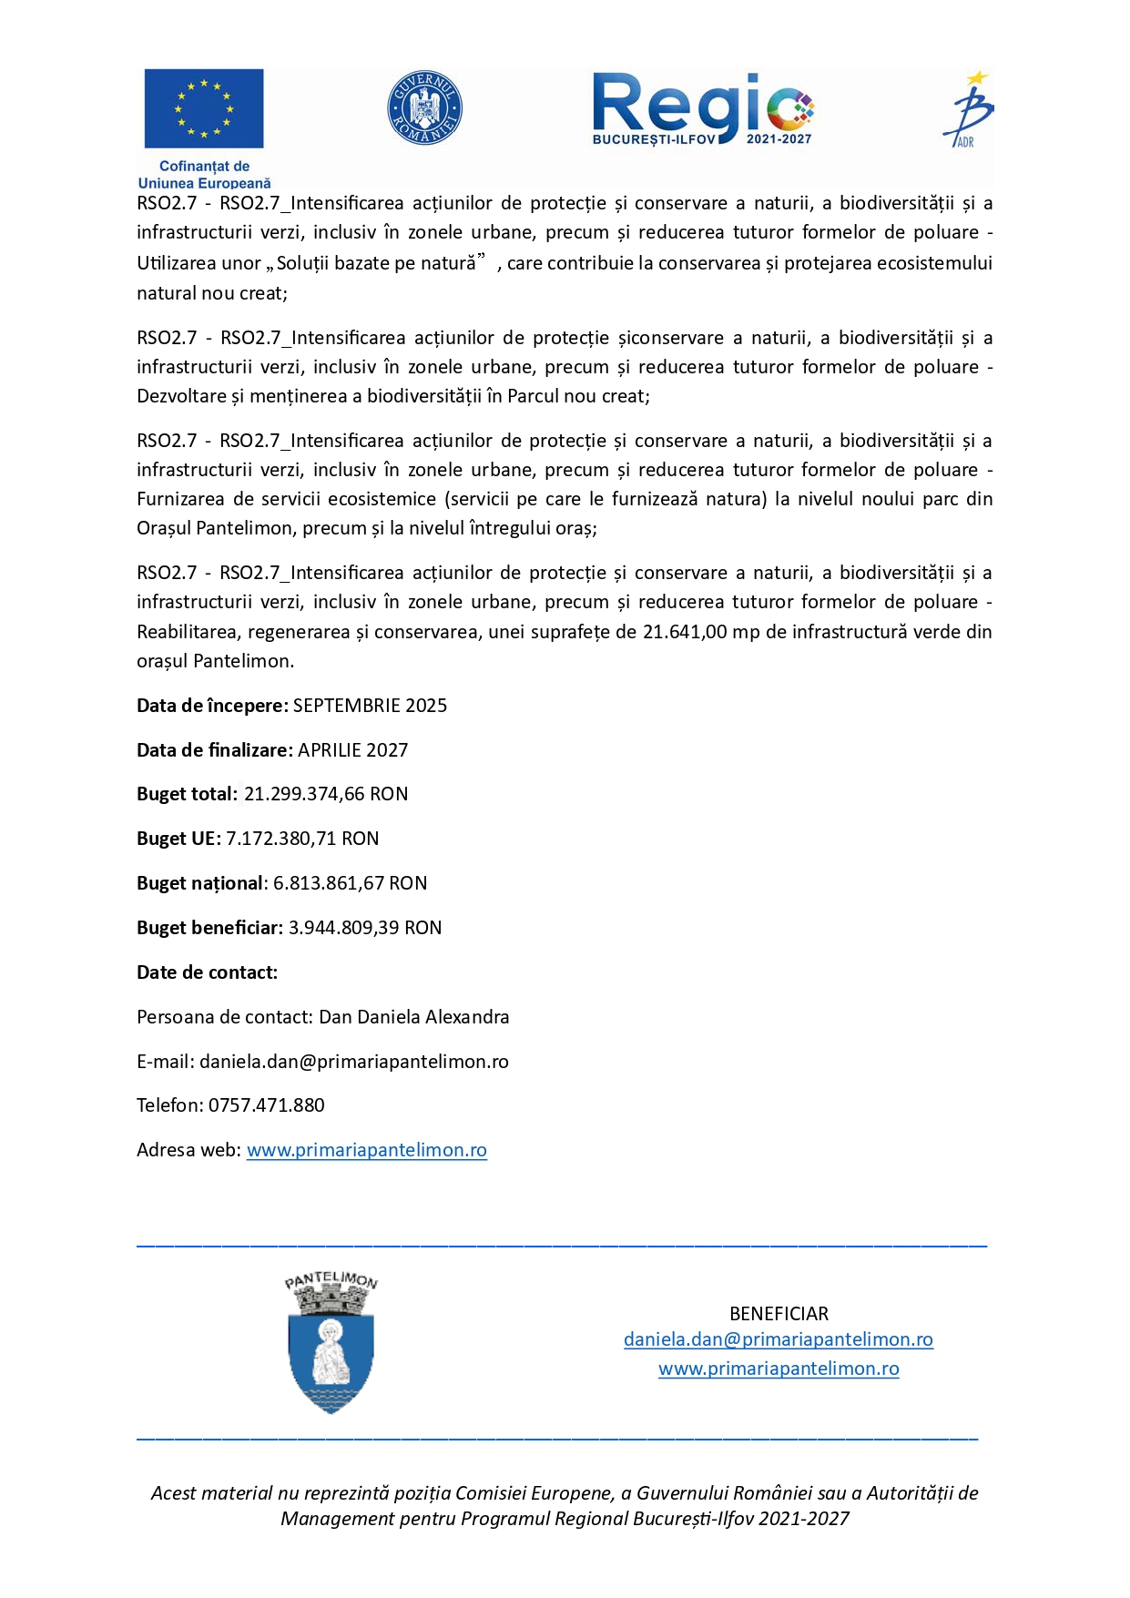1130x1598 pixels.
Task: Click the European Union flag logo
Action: pyautogui.click(x=204, y=108)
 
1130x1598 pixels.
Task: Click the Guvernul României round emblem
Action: pyautogui.click(x=424, y=108)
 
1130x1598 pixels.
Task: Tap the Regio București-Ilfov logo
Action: pyautogui.click(x=702, y=109)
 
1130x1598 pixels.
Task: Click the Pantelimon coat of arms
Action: pyautogui.click(x=331, y=1344)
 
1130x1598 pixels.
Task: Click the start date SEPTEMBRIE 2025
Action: pyautogui.click(x=370, y=706)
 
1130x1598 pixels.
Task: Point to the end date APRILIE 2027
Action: pyautogui.click(x=352, y=750)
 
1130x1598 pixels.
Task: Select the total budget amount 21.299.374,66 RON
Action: pyautogui.click(x=326, y=794)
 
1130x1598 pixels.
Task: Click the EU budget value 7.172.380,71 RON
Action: pyautogui.click(x=302, y=839)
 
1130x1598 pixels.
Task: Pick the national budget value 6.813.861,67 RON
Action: pyautogui.click(x=350, y=883)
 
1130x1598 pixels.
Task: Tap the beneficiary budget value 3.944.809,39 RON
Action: pyautogui.click(x=364, y=928)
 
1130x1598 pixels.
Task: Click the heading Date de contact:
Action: pyautogui.click(x=207, y=972)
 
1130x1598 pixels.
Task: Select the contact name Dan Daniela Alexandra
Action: pyautogui.click(x=413, y=1017)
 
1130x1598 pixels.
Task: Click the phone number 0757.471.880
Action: pyautogui.click(x=266, y=1105)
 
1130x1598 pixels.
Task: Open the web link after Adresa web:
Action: pyautogui.click(x=366, y=1150)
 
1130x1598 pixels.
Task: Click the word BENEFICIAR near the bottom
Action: pyautogui.click(x=779, y=1314)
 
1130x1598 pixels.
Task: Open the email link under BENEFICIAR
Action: pyautogui.click(x=779, y=1339)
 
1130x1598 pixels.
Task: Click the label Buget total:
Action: pyautogui.click(x=187, y=794)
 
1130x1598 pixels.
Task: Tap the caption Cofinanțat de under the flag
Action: pyautogui.click(x=204, y=167)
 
